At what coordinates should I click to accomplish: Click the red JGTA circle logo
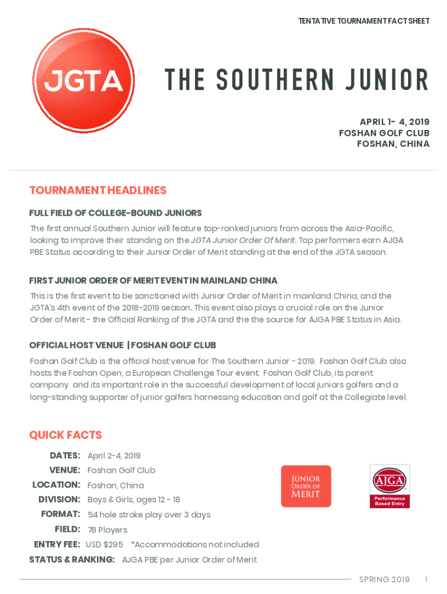click(84, 79)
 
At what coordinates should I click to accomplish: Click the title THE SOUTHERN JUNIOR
click(296, 80)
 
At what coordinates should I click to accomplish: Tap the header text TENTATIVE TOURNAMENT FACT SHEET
click(364, 21)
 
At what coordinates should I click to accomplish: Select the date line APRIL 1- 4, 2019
click(395, 122)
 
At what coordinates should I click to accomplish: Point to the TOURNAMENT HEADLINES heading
click(98, 190)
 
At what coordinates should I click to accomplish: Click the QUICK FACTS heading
click(66, 435)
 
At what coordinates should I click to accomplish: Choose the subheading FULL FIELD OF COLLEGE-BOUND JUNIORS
click(116, 213)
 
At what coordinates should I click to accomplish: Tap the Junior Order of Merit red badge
click(306, 486)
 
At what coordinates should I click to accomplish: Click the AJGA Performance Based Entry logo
click(390, 486)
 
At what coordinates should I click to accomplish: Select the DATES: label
click(65, 455)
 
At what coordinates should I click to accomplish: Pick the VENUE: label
click(64, 470)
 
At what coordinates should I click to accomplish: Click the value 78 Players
click(107, 530)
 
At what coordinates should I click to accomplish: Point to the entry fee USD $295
click(104, 545)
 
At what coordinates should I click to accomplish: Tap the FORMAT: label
click(60, 515)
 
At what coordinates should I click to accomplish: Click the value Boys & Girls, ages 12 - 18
click(134, 499)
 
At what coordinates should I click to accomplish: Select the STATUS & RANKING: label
click(72, 560)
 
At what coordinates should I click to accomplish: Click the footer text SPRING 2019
click(384, 579)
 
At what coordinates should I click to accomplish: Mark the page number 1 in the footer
click(426, 579)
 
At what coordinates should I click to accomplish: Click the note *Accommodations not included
click(195, 545)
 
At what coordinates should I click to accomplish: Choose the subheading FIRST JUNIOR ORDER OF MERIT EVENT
click(153, 281)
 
